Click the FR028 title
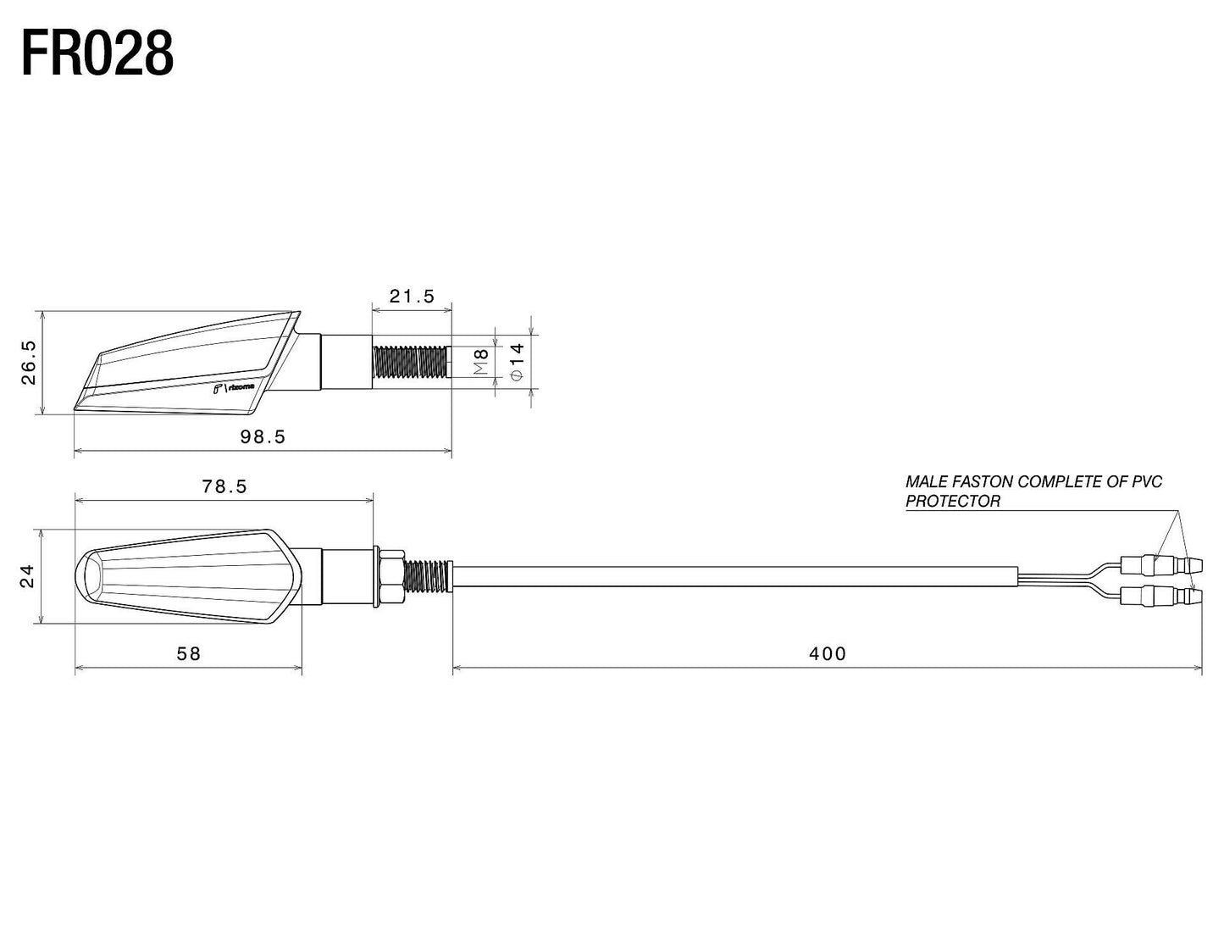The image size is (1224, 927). coord(97,53)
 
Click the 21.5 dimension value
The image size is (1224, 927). coord(412,296)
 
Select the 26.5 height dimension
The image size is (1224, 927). coord(30,363)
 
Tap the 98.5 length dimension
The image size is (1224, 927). coord(263,436)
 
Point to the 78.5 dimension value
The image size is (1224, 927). coord(224,486)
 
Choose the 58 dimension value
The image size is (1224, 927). coord(188,653)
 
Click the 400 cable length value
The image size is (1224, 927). coord(827,653)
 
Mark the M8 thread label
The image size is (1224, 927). coord(480,362)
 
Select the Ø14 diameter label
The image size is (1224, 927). coord(518,362)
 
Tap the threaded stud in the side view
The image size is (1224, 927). coord(410,362)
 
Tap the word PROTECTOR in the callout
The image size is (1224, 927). coord(952,501)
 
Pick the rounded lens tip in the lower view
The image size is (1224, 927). coord(89,577)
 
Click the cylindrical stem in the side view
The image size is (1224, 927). coord(346,362)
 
